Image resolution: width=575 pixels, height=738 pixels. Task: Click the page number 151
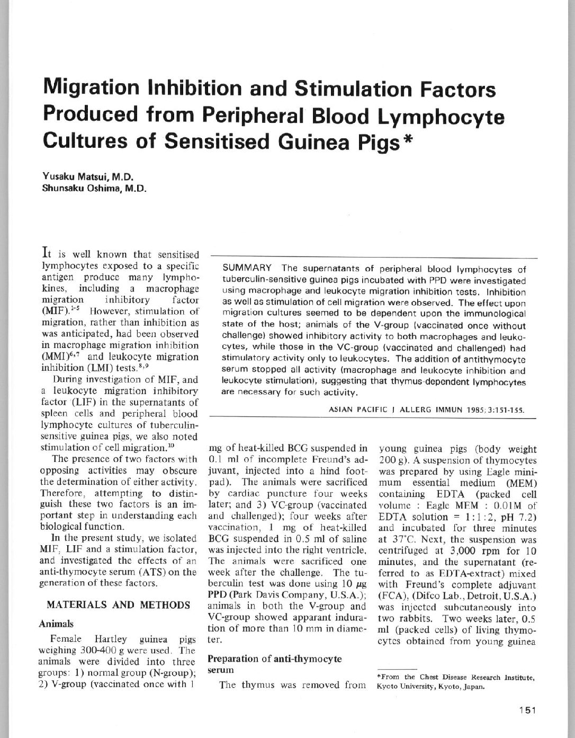click(527, 711)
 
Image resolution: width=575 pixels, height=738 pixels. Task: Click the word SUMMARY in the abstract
click(247, 269)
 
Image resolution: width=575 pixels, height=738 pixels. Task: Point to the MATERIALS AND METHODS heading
click(119, 605)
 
